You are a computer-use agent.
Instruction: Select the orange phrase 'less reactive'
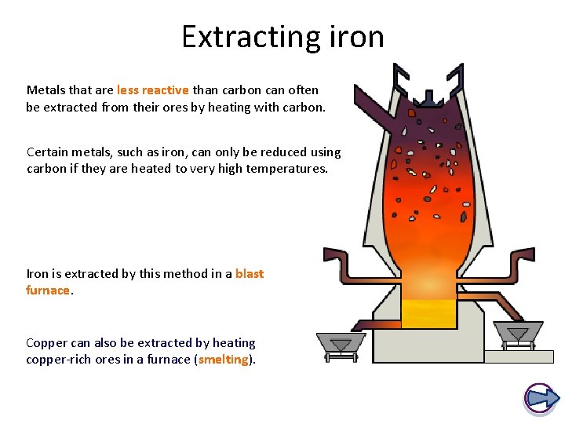point(152,90)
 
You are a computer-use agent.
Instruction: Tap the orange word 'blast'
point(250,274)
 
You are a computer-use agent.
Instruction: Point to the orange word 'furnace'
point(48,291)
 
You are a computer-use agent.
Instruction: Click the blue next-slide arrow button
point(541,397)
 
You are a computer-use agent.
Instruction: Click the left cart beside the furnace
point(340,345)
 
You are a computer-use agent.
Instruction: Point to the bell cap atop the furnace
point(428,100)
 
